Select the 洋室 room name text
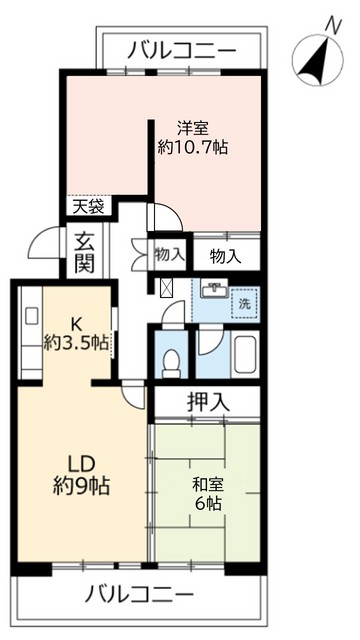(x=193, y=128)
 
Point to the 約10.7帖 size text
(x=193, y=148)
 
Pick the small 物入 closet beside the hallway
(x=169, y=254)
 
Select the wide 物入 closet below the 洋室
(x=226, y=255)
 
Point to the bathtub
(x=242, y=355)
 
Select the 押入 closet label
(x=208, y=403)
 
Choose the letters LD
(x=81, y=465)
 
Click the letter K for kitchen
(x=74, y=322)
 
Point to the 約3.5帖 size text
(x=75, y=342)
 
